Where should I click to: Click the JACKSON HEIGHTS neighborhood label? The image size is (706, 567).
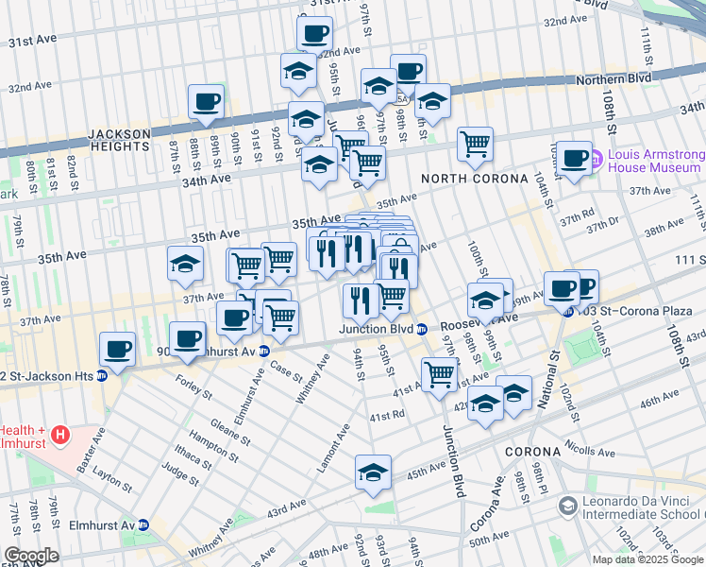click(x=120, y=140)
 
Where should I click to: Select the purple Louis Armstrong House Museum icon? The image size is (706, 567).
click(x=597, y=161)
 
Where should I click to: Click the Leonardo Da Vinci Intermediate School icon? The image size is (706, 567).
click(x=567, y=507)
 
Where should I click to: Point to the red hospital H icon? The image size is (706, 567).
click(x=60, y=436)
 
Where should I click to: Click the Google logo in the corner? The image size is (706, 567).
click(x=31, y=556)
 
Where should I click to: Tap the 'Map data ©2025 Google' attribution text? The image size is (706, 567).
click(x=647, y=559)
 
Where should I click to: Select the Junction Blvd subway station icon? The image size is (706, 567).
click(x=422, y=330)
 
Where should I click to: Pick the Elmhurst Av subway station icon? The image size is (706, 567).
click(x=143, y=524)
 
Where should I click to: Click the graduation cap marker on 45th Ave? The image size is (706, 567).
click(x=373, y=472)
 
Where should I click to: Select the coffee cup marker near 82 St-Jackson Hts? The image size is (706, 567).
click(x=118, y=349)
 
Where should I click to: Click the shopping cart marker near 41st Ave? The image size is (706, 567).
click(x=439, y=374)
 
